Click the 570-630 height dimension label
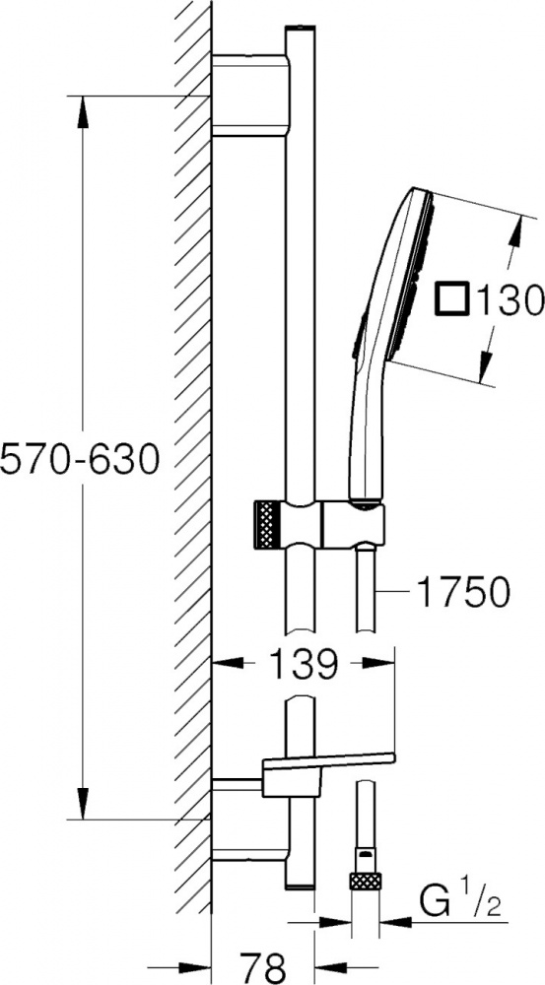point(80,460)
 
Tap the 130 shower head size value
point(510,299)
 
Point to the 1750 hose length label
point(463,592)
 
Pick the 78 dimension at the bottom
point(263,967)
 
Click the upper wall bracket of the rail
point(250,96)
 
